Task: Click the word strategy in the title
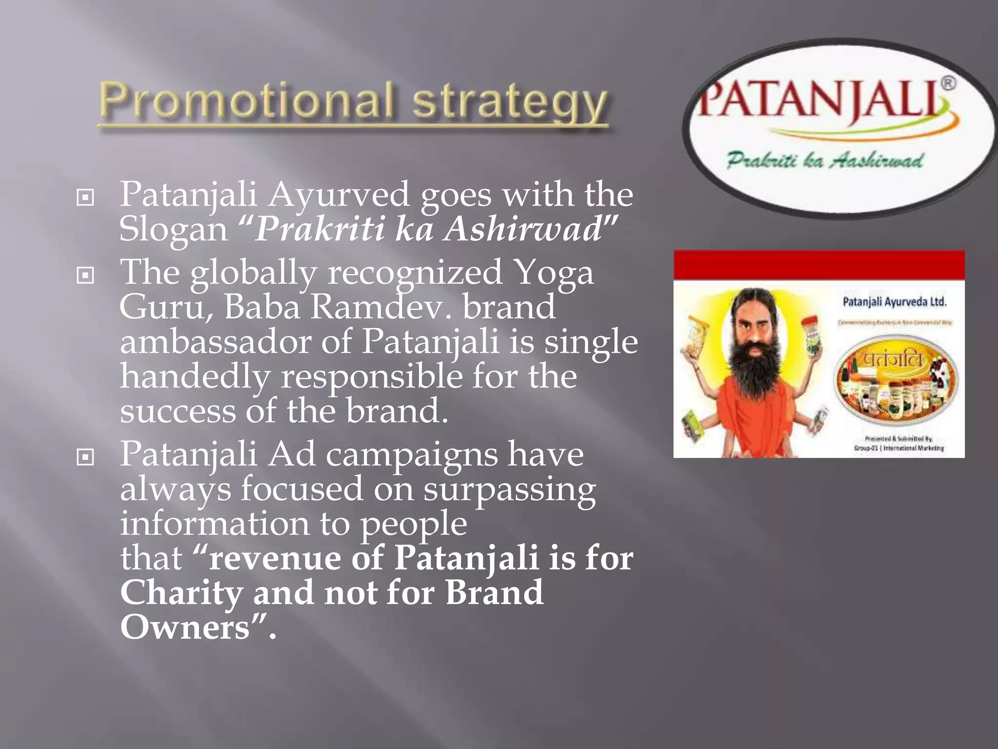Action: pyautogui.click(x=510, y=103)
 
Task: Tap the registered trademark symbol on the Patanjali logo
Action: pyautogui.click(x=948, y=83)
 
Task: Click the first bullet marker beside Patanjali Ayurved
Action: pyautogui.click(x=85, y=197)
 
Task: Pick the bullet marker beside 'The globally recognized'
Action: pyautogui.click(x=85, y=276)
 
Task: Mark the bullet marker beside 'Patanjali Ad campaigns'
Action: pyautogui.click(x=85, y=457)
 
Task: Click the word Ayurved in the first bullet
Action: pyautogui.click(x=339, y=195)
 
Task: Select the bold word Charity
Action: pyautogui.click(x=181, y=593)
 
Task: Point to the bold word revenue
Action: pyautogui.click(x=275, y=558)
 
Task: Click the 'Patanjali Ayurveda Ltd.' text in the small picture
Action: pyautogui.click(x=894, y=302)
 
